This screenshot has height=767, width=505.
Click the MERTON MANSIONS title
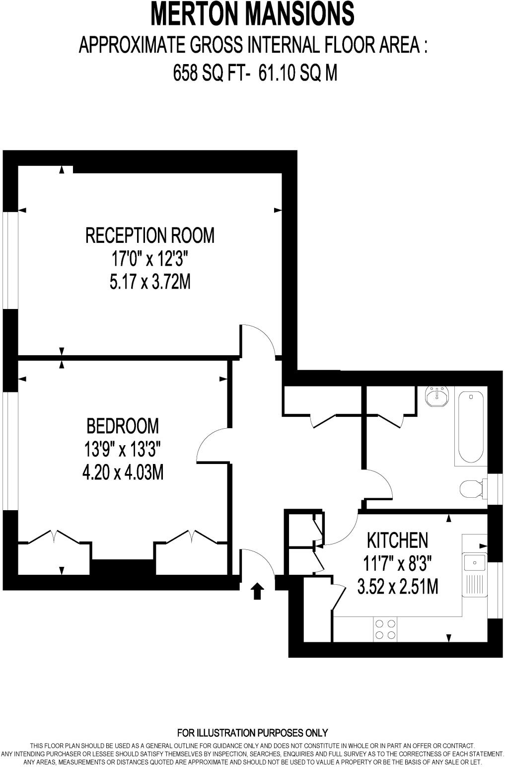click(252, 14)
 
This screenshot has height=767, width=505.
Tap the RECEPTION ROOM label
click(150, 235)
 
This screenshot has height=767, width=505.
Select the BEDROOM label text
click(123, 426)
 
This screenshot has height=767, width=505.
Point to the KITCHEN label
click(397, 539)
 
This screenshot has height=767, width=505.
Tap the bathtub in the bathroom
click(470, 427)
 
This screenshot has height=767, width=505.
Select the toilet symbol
click(471, 488)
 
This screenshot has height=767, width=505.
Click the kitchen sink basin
click(474, 563)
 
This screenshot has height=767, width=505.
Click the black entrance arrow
click(257, 591)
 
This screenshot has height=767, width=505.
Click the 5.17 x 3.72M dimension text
click(150, 283)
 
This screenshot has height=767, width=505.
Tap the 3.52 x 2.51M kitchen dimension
click(397, 587)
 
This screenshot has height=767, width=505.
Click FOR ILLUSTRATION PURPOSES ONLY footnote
click(252, 733)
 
